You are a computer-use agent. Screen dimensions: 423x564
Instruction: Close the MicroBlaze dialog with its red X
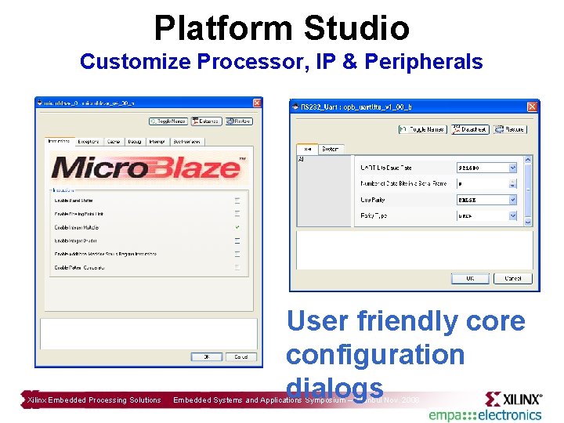click(x=256, y=103)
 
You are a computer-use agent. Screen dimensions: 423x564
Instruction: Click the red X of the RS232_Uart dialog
click(x=532, y=107)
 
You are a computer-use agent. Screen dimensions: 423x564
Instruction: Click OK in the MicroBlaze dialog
click(x=206, y=356)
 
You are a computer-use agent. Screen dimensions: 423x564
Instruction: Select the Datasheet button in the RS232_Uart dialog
click(x=469, y=129)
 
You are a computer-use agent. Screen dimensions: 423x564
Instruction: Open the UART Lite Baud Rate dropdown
click(x=512, y=168)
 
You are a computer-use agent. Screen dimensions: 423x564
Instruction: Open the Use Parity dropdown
click(x=512, y=199)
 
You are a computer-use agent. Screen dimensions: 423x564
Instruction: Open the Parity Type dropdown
click(x=512, y=215)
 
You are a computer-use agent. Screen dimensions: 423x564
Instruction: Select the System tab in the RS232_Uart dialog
click(x=331, y=149)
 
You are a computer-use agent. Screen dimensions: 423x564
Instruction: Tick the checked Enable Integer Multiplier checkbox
click(x=237, y=227)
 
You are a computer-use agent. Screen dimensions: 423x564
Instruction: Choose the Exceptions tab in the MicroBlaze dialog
click(x=89, y=142)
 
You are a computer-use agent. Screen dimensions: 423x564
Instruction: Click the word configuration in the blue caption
click(x=375, y=355)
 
